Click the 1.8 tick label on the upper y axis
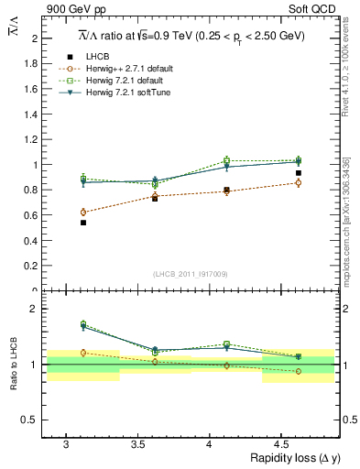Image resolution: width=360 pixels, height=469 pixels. click(x=33, y=64)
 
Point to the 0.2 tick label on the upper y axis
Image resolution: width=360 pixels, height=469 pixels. click(x=33, y=267)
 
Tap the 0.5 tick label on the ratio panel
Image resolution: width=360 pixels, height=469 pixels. click(x=33, y=420)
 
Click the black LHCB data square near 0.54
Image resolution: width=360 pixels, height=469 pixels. click(x=83, y=223)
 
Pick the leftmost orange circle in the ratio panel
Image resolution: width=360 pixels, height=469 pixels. click(x=83, y=353)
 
